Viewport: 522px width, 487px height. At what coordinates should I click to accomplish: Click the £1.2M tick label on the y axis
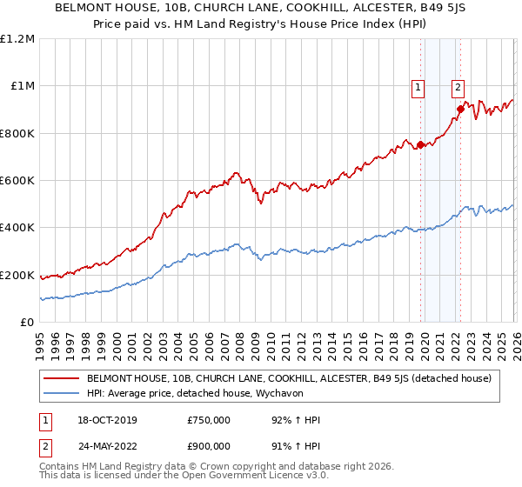point(17,39)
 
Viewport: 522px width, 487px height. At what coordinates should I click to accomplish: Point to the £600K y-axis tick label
point(17,181)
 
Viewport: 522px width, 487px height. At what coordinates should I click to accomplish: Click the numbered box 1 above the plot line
point(418,86)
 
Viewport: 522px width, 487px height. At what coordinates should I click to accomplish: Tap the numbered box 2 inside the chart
point(458,86)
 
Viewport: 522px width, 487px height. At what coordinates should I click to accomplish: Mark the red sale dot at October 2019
point(420,145)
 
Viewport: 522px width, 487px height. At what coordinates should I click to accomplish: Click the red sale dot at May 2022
point(460,110)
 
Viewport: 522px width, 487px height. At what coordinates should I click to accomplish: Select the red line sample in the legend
point(61,378)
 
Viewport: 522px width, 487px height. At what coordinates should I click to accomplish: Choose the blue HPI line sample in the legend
point(61,393)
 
